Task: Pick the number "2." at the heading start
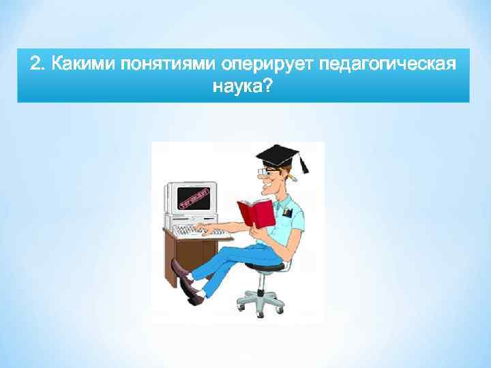(x=38, y=65)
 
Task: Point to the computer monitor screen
(x=190, y=198)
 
